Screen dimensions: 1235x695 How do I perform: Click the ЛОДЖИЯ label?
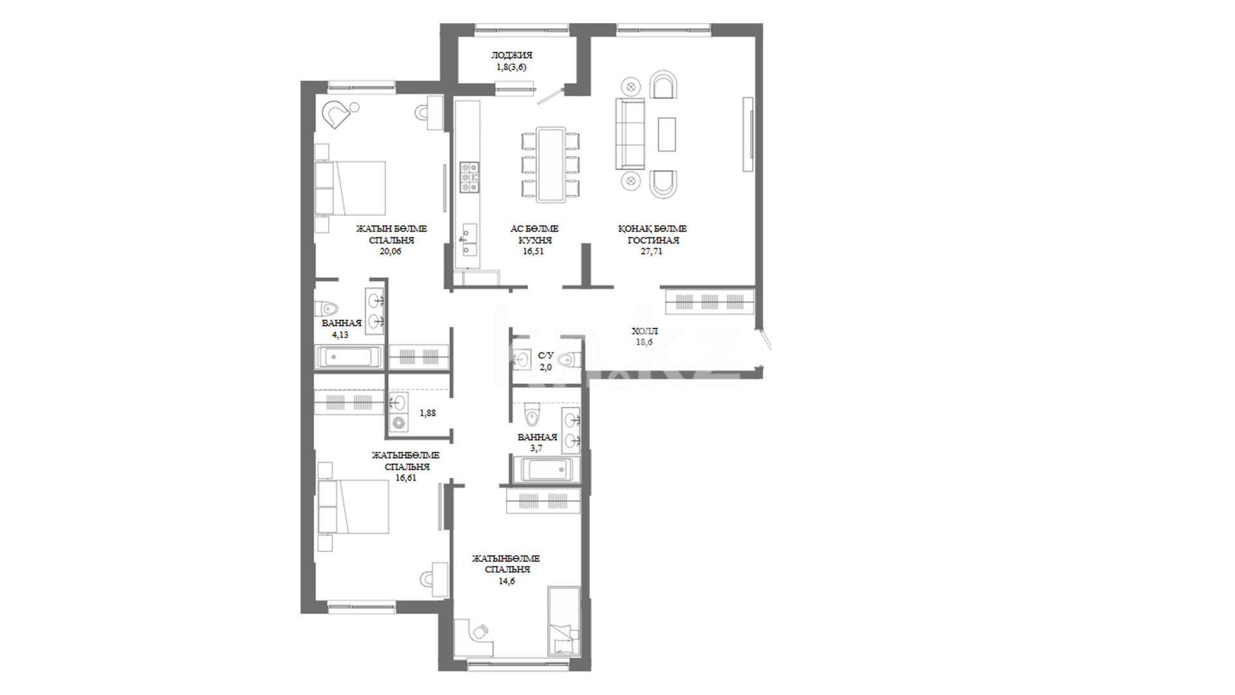512,55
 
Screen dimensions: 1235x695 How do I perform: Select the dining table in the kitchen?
551,165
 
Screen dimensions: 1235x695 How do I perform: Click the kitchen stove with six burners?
469,177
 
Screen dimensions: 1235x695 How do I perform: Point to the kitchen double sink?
470,240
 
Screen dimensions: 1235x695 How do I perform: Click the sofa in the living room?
630,133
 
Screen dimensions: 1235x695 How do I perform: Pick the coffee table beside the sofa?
667,134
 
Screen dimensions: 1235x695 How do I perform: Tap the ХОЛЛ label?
645,331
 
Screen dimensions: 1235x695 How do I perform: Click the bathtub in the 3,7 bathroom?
546,469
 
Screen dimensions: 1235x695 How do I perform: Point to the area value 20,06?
390,252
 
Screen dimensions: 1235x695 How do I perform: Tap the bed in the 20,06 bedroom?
351,188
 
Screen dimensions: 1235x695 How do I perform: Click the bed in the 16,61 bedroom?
353,506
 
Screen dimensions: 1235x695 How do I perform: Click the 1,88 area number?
428,413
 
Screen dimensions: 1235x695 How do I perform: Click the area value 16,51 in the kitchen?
533,252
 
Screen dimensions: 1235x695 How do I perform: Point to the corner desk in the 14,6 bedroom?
473,637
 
